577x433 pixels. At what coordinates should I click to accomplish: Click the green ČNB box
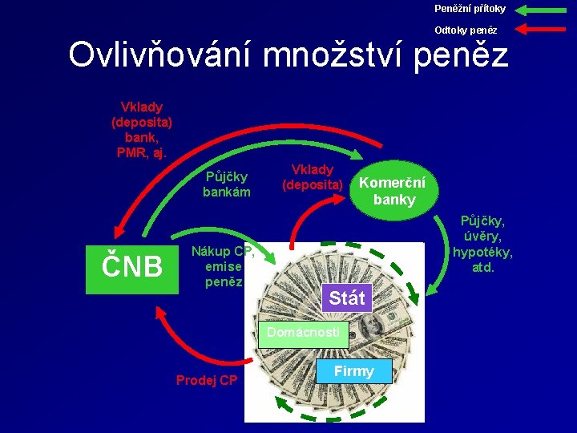tap(131, 266)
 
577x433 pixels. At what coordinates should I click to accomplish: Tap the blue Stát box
tap(346, 298)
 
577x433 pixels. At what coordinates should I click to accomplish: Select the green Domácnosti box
tap(304, 333)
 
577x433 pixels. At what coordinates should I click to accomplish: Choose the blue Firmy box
tap(353, 371)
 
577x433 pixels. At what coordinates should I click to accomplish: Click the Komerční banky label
tap(393, 191)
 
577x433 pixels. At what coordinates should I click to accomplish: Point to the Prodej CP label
tap(207, 380)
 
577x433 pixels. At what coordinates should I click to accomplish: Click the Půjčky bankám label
tap(226, 184)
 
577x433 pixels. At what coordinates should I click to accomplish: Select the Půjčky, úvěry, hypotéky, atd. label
tap(483, 243)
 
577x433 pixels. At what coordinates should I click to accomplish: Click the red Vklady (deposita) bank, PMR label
tap(141, 130)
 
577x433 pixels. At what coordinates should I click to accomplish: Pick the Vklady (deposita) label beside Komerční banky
tap(313, 177)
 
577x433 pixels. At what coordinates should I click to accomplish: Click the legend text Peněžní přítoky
tap(470, 9)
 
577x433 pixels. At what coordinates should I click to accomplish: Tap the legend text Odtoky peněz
tap(466, 30)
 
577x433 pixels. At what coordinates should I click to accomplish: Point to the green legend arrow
tap(543, 10)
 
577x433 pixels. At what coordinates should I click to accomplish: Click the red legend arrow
tap(543, 30)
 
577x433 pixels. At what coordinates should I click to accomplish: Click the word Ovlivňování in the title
tap(160, 55)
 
